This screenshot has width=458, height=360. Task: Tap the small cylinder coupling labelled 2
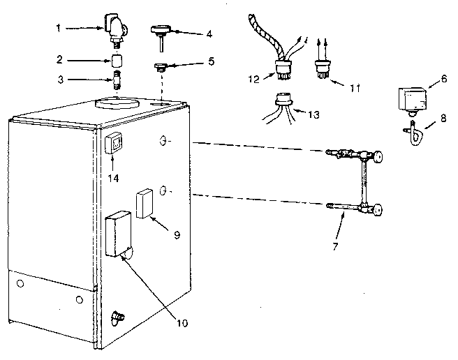pos(117,59)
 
